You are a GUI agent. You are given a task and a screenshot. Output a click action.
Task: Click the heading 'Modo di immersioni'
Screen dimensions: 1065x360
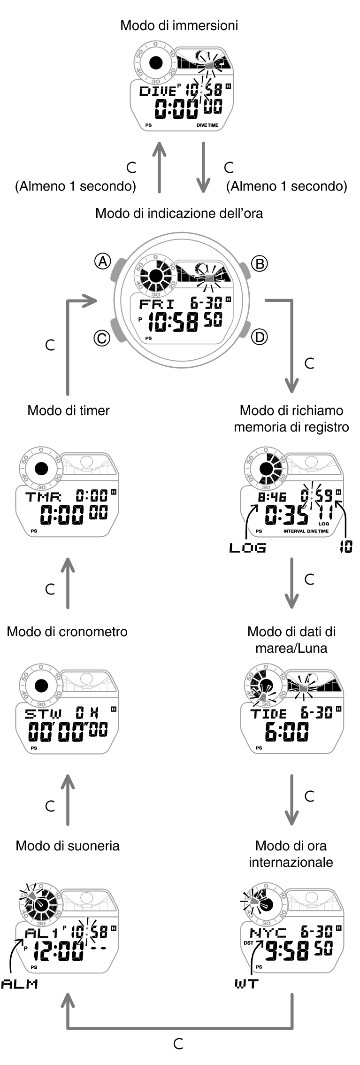(x=179, y=25)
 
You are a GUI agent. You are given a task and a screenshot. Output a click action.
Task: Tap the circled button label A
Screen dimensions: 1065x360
(x=102, y=261)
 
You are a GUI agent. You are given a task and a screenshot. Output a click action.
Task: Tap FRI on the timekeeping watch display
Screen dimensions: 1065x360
(x=157, y=303)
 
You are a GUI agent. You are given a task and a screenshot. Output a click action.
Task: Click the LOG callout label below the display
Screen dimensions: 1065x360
(x=247, y=548)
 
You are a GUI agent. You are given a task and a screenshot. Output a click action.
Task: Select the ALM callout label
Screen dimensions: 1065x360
(x=19, y=984)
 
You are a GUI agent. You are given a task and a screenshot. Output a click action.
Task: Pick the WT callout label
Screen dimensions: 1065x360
(x=246, y=984)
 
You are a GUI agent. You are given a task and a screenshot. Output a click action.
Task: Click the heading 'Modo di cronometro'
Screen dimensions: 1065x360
(x=67, y=632)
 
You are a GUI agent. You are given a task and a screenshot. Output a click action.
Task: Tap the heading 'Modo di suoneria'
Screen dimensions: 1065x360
(x=68, y=846)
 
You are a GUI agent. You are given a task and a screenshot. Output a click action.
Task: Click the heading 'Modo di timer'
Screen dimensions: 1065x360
(x=69, y=410)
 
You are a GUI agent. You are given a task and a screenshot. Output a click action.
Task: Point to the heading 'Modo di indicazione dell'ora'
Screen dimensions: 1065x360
(x=179, y=213)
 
